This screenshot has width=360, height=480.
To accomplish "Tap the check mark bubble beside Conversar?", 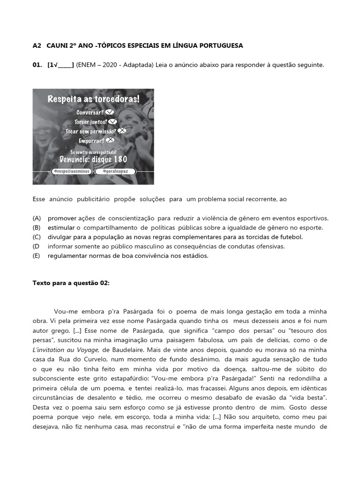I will click(110, 112).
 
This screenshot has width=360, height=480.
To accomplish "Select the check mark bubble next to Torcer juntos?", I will click(112, 122).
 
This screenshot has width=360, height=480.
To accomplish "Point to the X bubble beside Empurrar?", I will click(110, 140).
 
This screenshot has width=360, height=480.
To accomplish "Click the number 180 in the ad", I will click(120, 159).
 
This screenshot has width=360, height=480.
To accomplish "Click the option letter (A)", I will click(37, 218).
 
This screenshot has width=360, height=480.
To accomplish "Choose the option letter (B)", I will click(37, 228).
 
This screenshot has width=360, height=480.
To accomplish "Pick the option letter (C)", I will click(37, 237).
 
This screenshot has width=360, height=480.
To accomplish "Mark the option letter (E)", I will click(37, 256).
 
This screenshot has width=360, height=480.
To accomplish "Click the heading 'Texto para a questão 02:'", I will click(71, 283).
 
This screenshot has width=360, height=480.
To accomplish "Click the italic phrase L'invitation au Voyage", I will click(66, 350).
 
